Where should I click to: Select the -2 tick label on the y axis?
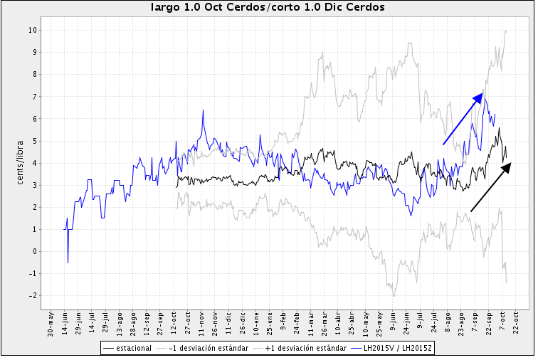32,295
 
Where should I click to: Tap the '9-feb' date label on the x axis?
284,323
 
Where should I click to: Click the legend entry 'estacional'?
131,349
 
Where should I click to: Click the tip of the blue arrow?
483,93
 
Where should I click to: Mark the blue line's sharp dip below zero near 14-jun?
68,263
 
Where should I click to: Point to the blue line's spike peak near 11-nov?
204,110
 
